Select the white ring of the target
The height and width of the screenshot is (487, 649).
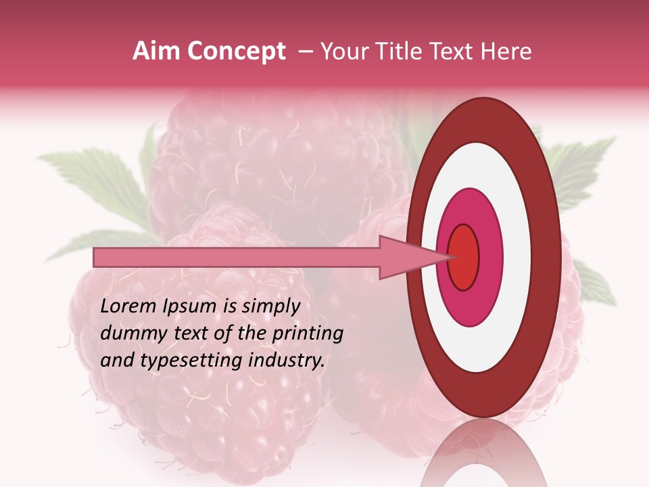pos(514,257)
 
